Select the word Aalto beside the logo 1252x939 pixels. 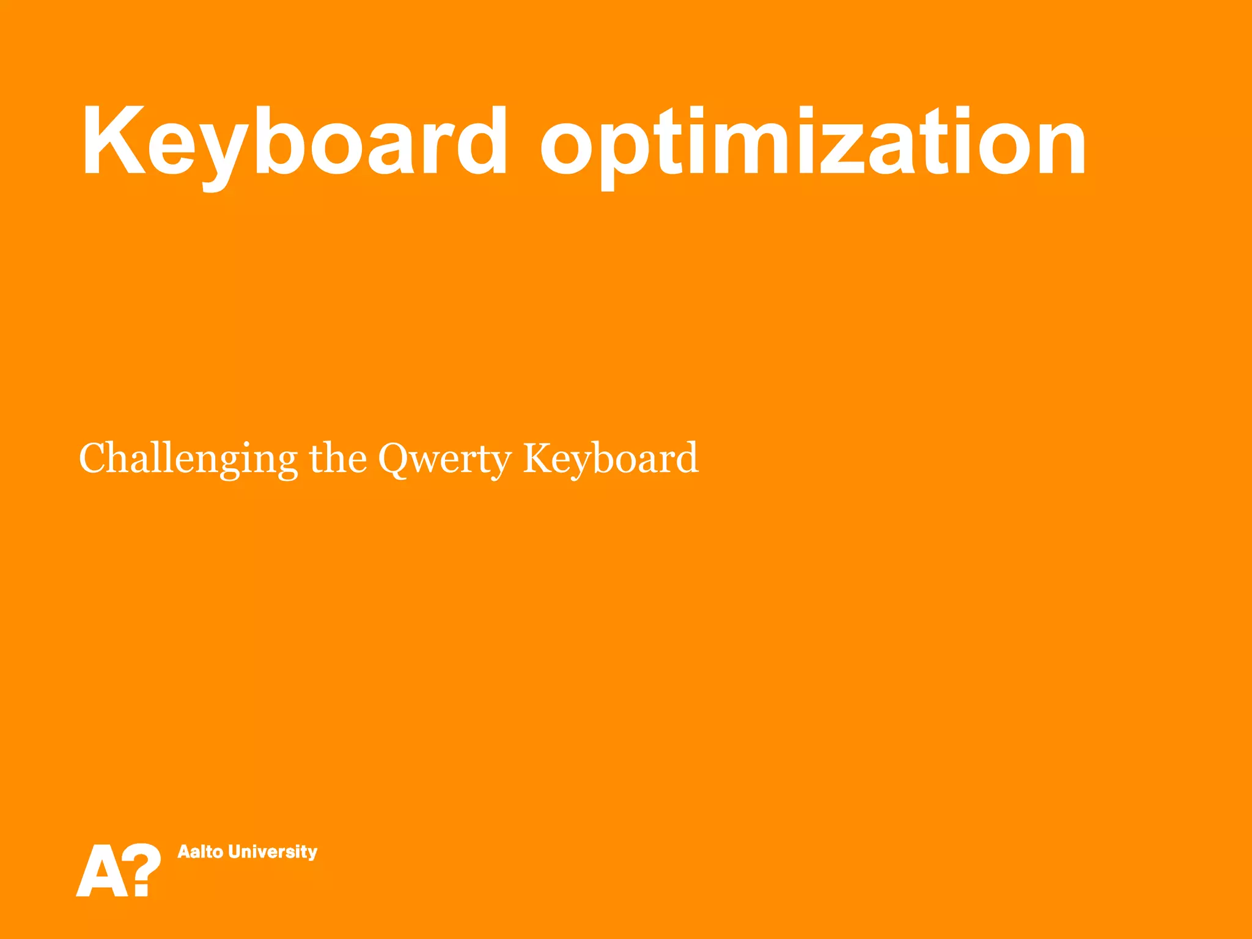(x=200, y=852)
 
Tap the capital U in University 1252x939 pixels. (x=236, y=852)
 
